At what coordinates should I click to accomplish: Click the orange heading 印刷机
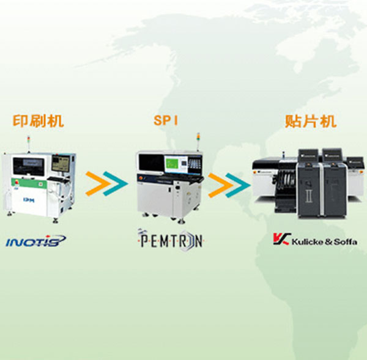pyautogui.click(x=38, y=120)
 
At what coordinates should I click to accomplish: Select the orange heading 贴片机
pyautogui.click(x=311, y=120)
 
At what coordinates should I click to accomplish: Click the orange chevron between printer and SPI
pyautogui.click(x=96, y=181)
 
